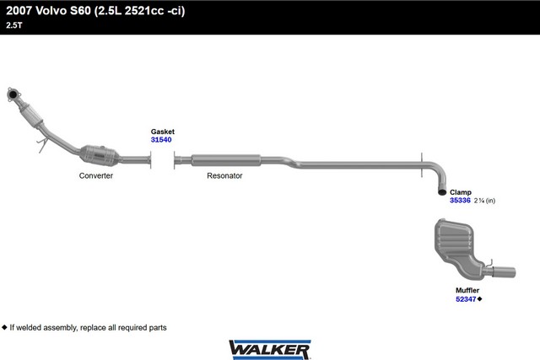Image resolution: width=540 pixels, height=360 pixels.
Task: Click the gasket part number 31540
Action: pos(161,140)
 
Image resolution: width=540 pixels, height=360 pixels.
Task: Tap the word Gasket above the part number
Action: pos(163,132)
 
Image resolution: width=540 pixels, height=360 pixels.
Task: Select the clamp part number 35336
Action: pos(460,201)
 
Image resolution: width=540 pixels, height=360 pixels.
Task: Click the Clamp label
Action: pos(461,192)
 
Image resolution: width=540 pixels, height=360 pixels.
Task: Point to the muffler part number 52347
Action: pos(466,299)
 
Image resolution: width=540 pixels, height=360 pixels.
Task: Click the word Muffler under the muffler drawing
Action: pos(467,291)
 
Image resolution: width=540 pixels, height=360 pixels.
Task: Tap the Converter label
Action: pos(96,175)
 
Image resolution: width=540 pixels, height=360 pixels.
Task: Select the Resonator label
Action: pos(224,175)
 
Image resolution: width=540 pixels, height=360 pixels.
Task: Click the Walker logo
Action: pos(270,350)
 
